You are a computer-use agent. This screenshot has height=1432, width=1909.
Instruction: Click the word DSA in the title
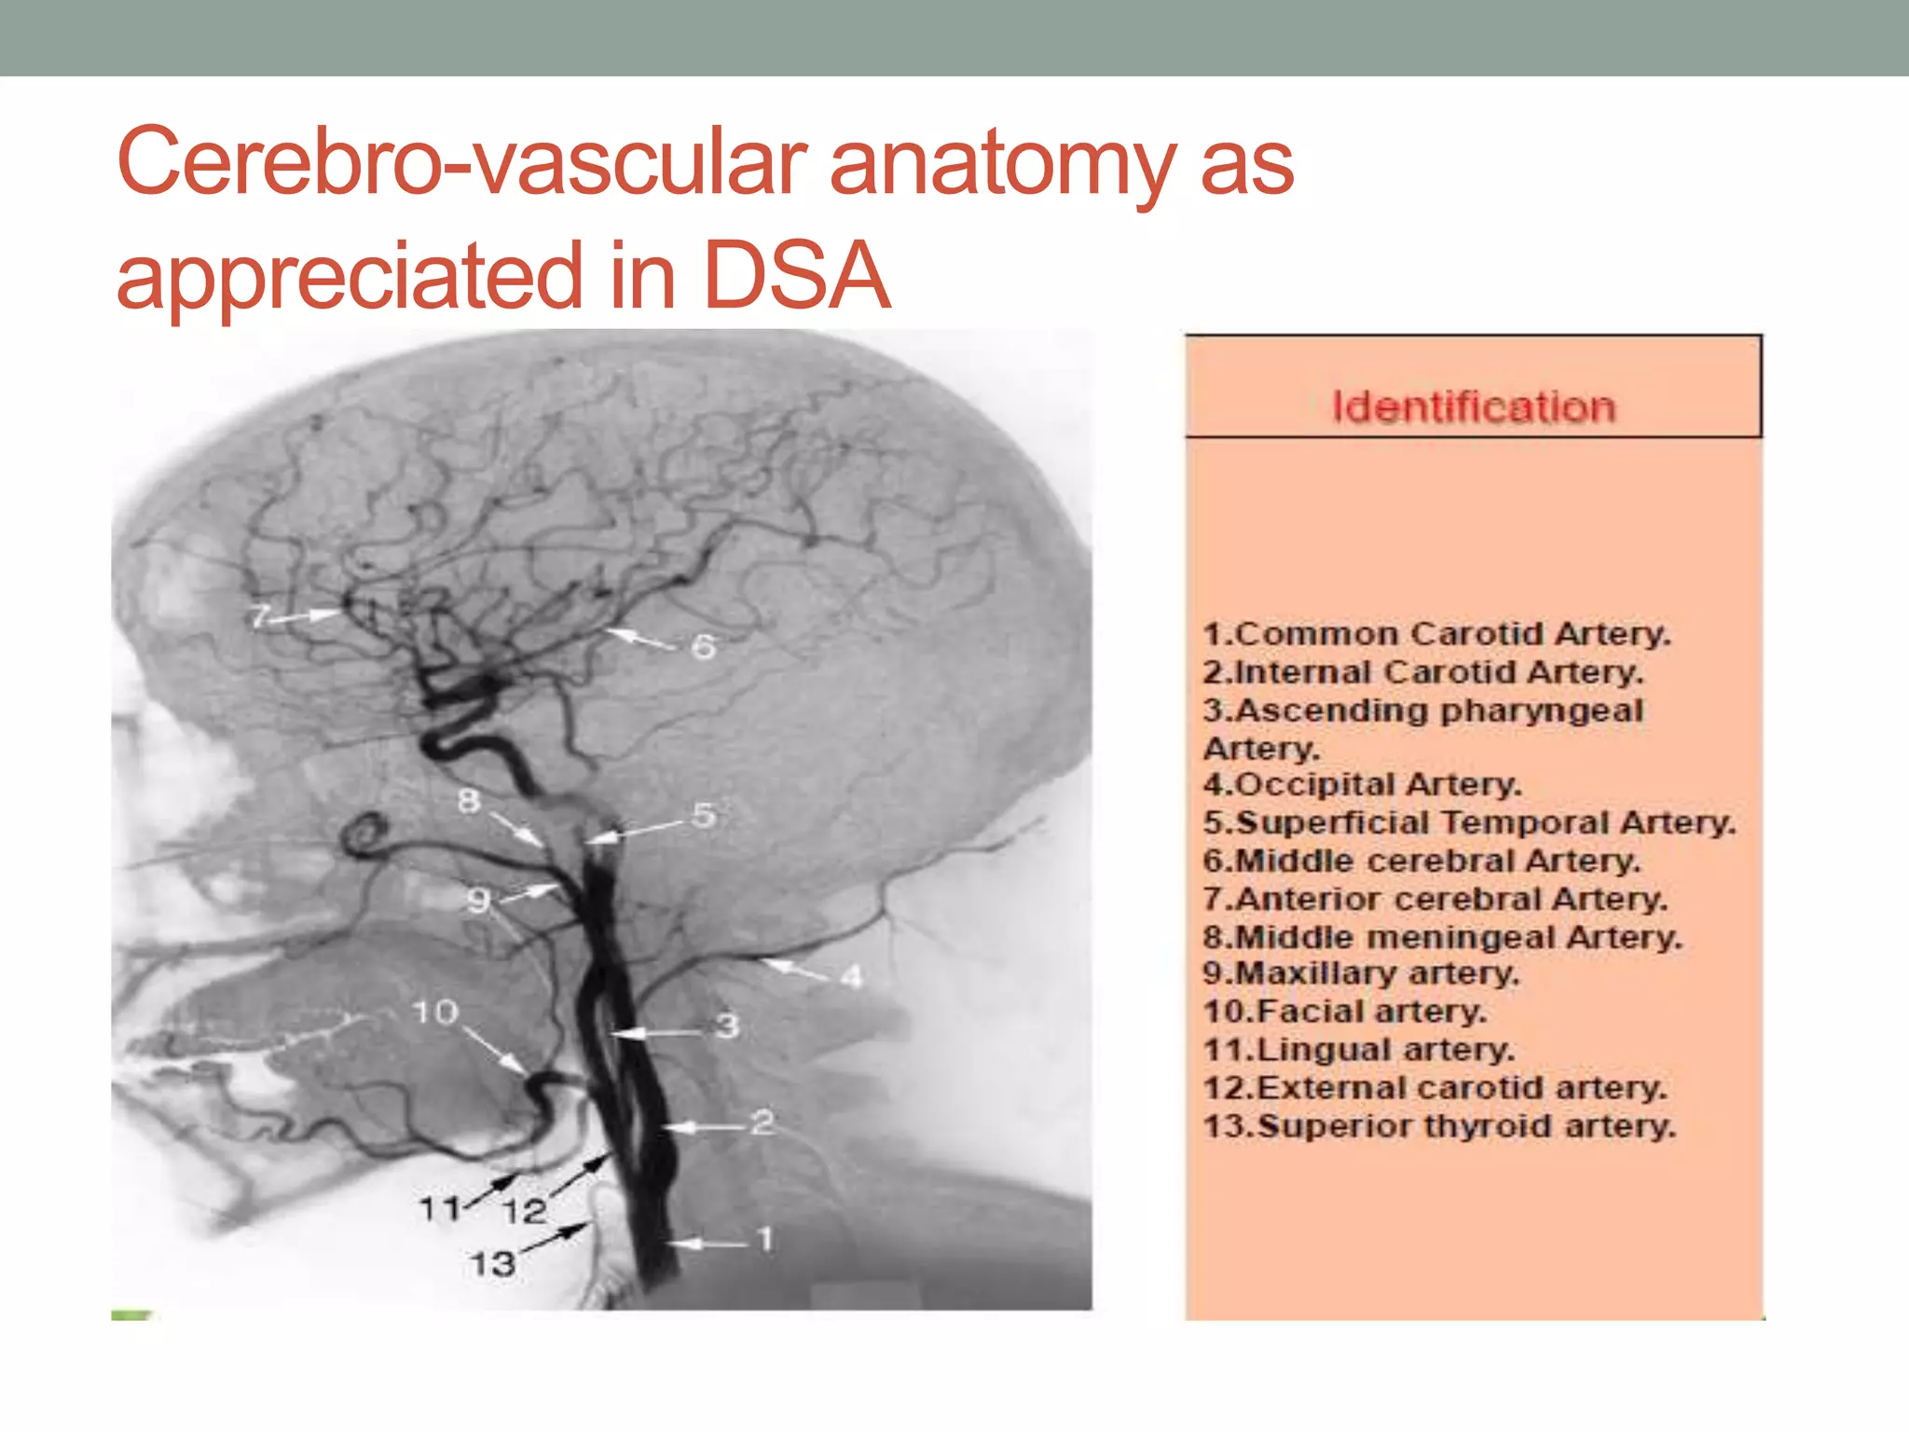797,276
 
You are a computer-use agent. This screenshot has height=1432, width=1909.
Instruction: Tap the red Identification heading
1473,407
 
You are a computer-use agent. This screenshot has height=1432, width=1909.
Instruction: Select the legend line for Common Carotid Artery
1436,635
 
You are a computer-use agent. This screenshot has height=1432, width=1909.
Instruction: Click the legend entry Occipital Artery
1362,785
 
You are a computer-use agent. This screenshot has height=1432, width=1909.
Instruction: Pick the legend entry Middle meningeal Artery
1442,937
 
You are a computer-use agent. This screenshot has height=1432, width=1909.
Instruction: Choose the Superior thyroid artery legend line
1439,1126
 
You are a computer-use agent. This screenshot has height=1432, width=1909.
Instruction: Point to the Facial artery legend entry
1344,1012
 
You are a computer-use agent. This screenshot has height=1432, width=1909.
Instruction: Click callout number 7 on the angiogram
260,616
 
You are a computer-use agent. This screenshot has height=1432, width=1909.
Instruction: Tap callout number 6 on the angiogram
704,646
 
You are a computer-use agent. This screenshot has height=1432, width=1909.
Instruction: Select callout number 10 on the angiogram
434,1012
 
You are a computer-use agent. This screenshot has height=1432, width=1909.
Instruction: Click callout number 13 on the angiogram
492,1264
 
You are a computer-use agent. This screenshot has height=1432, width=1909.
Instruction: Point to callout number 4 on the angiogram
851,976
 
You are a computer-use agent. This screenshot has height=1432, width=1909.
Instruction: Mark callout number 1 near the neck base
765,1239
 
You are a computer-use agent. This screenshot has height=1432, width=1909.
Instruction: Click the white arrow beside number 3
652,1032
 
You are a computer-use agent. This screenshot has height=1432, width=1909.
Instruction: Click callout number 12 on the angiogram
524,1211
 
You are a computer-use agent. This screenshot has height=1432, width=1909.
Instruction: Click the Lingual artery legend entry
1358,1050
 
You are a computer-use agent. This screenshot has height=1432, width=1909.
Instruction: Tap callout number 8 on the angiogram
469,800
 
